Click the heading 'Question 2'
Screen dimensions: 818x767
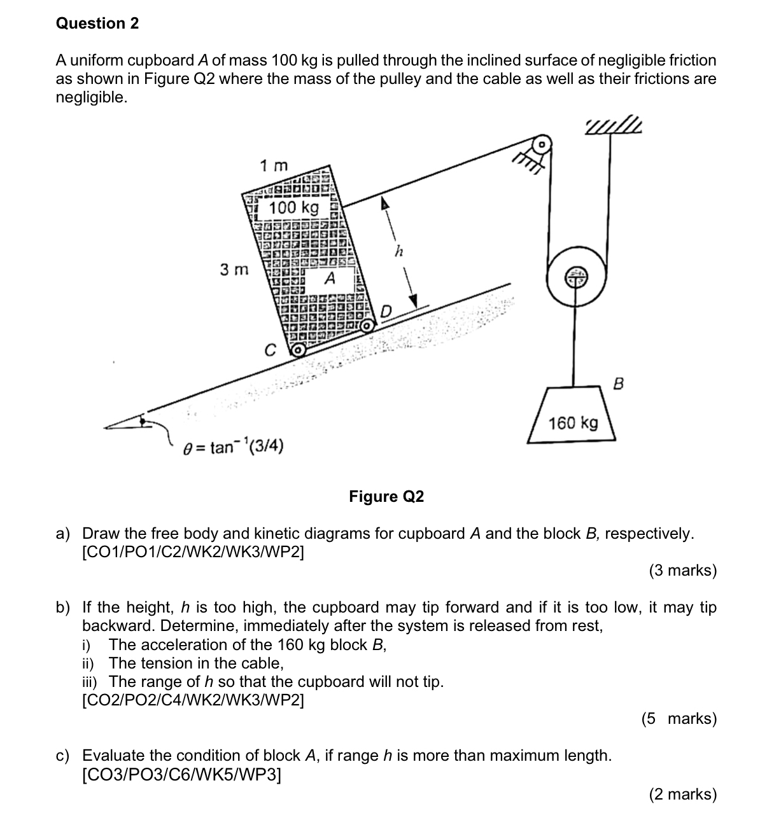pyautogui.click(x=97, y=24)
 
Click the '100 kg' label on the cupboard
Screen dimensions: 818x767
pyautogui.click(x=293, y=208)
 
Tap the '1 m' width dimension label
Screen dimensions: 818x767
pyautogui.click(x=274, y=166)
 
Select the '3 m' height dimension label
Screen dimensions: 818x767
pyautogui.click(x=234, y=270)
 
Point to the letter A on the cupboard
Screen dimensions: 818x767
pyautogui.click(x=330, y=279)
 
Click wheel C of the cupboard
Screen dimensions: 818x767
pyautogui.click(x=297, y=349)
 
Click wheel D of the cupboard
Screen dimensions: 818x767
pyautogui.click(x=367, y=326)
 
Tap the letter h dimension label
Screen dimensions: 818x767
pyautogui.click(x=398, y=251)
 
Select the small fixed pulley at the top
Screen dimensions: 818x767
pyautogui.click(x=541, y=144)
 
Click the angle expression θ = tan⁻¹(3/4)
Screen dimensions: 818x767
pyautogui.click(x=233, y=448)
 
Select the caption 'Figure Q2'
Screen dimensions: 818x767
pyautogui.click(x=386, y=497)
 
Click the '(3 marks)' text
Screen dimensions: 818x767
pyautogui.click(x=682, y=571)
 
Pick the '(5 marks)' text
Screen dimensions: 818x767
pyautogui.click(x=679, y=719)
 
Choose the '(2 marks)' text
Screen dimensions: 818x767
pyautogui.click(x=682, y=794)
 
